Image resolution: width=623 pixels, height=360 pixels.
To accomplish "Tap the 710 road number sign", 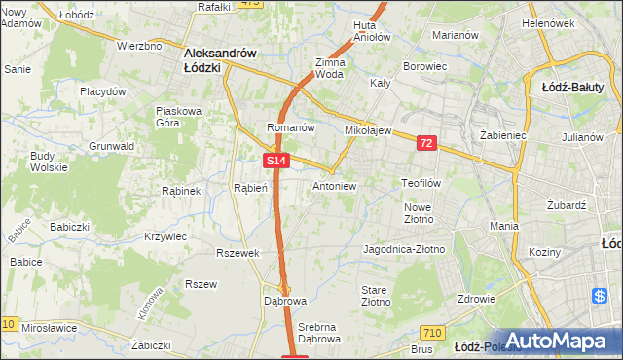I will tap(434, 334).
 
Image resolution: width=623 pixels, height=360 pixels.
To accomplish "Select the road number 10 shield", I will tap(9, 324).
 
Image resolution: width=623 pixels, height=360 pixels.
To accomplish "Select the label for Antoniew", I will tap(335, 186).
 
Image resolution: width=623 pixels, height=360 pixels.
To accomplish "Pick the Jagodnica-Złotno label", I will tap(403, 250).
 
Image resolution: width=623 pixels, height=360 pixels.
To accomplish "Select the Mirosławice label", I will tap(49, 329).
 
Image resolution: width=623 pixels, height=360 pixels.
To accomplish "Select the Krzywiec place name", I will tap(165, 236).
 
